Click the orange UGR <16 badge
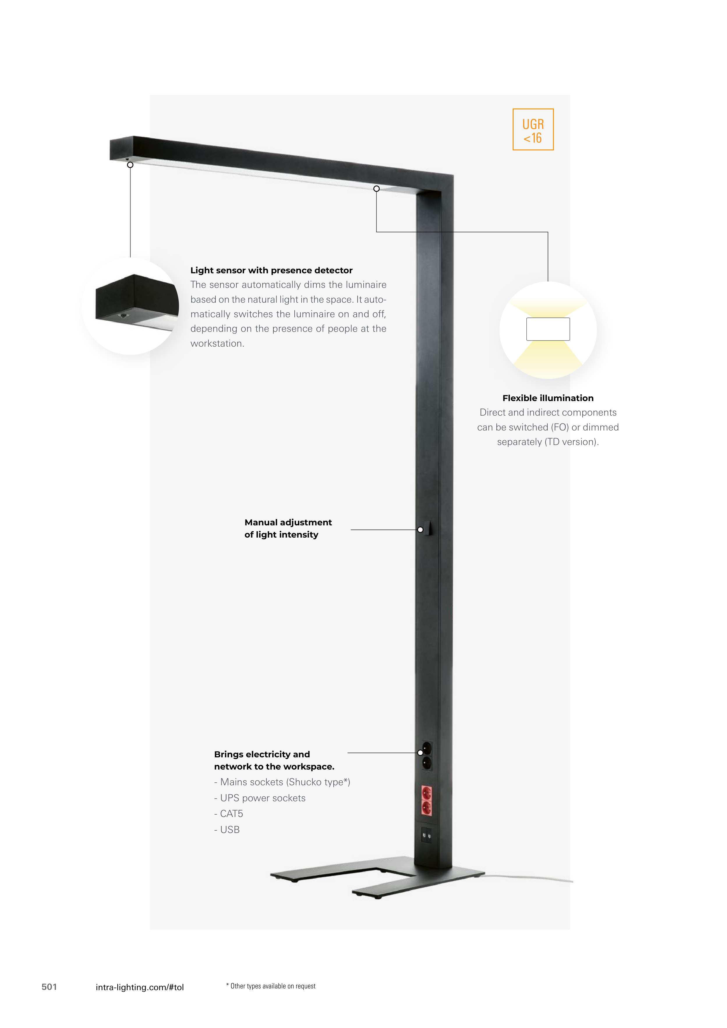(x=533, y=130)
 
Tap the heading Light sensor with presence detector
(x=271, y=270)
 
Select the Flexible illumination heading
(x=548, y=398)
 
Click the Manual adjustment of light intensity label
(x=288, y=528)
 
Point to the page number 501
(x=49, y=987)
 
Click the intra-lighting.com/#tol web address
(x=140, y=987)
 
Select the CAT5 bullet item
(x=229, y=813)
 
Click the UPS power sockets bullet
(x=260, y=798)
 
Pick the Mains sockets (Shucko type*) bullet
(x=282, y=782)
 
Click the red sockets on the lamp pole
(x=427, y=801)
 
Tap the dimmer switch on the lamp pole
(x=429, y=528)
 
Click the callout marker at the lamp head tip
(x=130, y=165)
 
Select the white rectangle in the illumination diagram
(x=548, y=329)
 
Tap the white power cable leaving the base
(x=527, y=878)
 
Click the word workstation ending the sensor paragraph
(x=217, y=343)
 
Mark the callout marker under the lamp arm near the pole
(x=377, y=189)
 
